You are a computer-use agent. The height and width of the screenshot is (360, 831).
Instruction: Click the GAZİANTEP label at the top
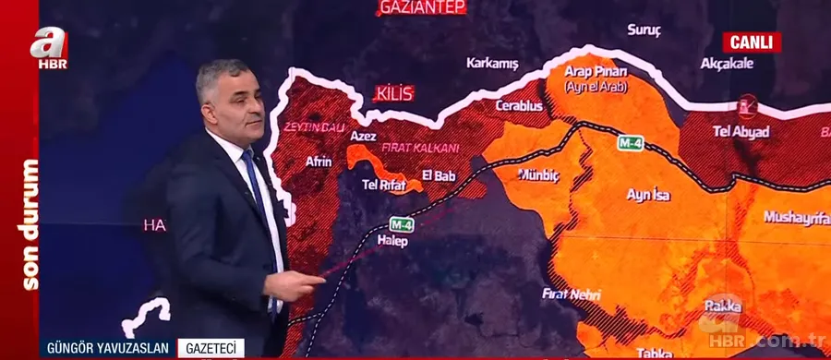point(421,8)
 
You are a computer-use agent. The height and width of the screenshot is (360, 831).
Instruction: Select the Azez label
point(362,136)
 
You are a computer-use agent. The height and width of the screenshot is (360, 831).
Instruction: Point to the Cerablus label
point(519,106)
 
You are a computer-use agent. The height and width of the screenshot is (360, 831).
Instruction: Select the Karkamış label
point(493,64)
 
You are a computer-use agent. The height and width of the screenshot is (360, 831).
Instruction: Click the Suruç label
point(644,30)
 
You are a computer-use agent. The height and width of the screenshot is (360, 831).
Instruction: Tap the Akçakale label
point(728,64)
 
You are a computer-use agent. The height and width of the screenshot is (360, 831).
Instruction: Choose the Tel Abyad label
point(741,132)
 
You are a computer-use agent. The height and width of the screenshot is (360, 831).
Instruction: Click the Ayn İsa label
point(648,195)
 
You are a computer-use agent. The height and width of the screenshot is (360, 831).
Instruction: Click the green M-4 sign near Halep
point(401,223)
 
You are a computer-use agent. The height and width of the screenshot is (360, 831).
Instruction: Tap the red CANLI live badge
point(751,42)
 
